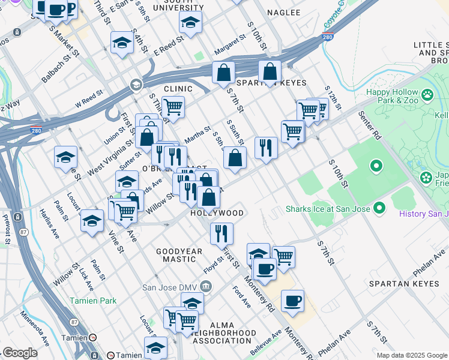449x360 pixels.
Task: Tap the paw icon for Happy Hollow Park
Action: [427, 95]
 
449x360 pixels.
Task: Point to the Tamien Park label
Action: [91, 300]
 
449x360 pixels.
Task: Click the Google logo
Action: [20, 353]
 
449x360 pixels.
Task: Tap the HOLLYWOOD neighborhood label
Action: [217, 213]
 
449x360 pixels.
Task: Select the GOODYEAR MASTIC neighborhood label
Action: [176, 255]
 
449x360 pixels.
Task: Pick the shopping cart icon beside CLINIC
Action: [173, 107]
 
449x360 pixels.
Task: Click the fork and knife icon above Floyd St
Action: [221, 233]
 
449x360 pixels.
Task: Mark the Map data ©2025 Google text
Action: [412, 355]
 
